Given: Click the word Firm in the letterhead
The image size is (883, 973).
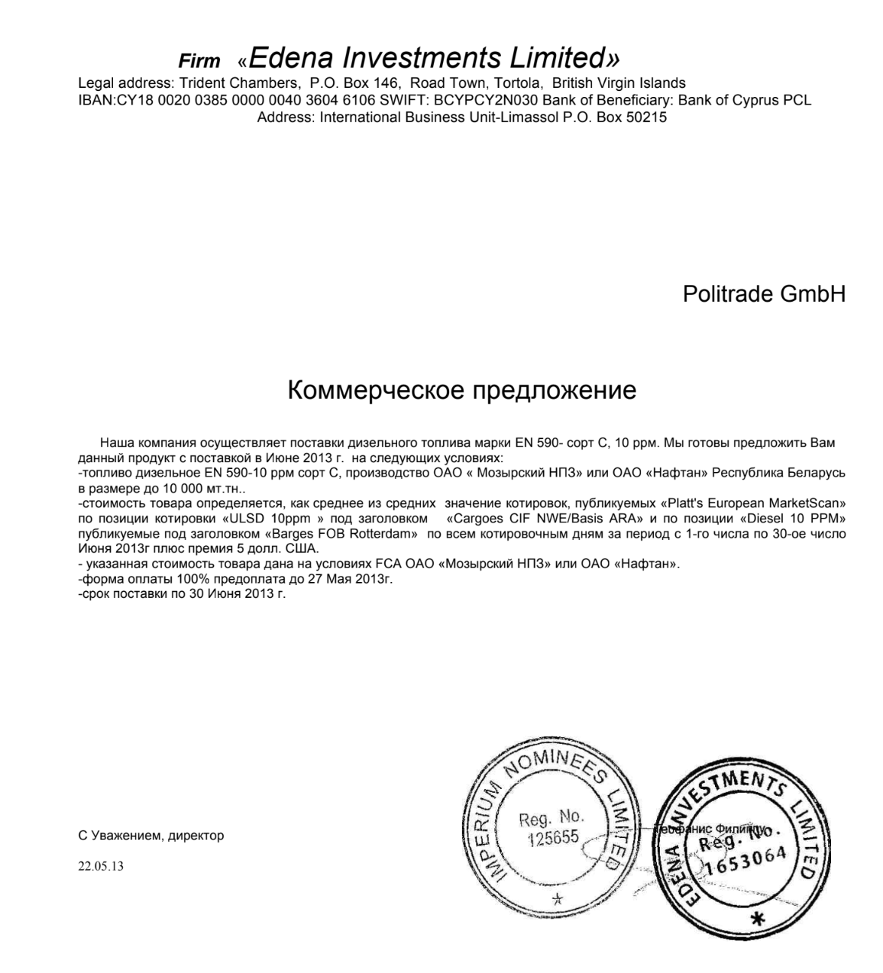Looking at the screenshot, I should [x=199, y=61].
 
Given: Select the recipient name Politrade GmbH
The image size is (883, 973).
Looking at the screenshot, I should [x=764, y=294].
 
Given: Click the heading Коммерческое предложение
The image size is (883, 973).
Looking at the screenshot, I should [x=461, y=390].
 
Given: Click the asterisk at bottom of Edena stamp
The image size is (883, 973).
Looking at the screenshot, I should [x=757, y=920].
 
